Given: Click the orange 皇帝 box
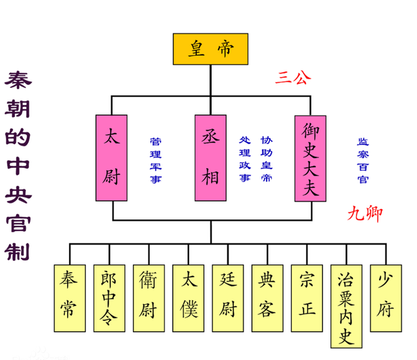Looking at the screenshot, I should point(210,49).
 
